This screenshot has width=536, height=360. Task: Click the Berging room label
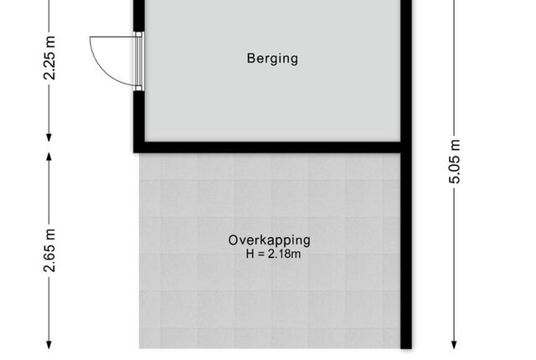(272, 59)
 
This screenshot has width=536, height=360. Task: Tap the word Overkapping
(270, 240)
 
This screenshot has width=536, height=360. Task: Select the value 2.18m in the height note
(285, 255)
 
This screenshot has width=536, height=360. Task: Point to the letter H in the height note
(250, 255)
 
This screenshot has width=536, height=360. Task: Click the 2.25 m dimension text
(49, 58)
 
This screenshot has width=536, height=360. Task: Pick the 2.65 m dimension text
(49, 250)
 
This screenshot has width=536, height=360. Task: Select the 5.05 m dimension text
(455, 162)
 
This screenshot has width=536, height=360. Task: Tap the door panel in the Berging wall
(138, 61)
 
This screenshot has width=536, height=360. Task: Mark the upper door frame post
(138, 34)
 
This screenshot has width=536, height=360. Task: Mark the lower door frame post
(138, 88)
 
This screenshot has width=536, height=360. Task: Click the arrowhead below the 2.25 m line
(49, 137)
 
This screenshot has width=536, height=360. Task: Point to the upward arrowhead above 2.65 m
(49, 157)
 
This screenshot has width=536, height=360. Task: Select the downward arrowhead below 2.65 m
(49, 345)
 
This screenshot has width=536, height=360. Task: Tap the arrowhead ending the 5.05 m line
(454, 345)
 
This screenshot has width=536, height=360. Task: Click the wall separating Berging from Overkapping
(270, 147)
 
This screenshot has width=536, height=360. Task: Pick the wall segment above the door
(138, 16)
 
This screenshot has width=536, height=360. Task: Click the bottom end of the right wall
(406, 348)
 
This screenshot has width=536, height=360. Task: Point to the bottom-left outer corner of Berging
(134, 152)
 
